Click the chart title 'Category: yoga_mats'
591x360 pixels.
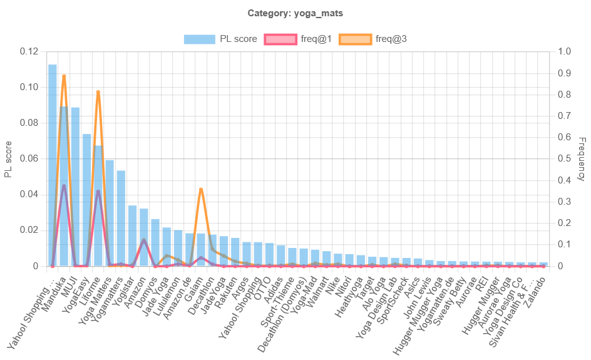pyautogui.click(x=295, y=13)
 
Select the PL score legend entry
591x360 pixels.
pyautogui.click(x=220, y=39)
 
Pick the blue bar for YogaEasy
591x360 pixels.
pyautogui.click(x=86, y=200)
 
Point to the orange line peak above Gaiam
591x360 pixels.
pyautogui.click(x=200, y=188)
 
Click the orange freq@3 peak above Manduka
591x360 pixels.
pyautogui.click(x=64, y=76)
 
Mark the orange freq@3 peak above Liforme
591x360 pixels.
pyautogui.click(x=98, y=92)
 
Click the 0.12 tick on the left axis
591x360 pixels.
pyautogui.click(x=29, y=51)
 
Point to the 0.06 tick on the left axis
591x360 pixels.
pyautogui.click(x=29, y=158)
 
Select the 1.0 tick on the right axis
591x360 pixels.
pyautogui.click(x=563, y=51)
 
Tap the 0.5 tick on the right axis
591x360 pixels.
pyautogui.click(x=563, y=158)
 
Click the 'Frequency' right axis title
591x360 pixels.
pyautogui.click(x=580, y=159)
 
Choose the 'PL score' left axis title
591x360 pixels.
pyautogui.click(x=8, y=159)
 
